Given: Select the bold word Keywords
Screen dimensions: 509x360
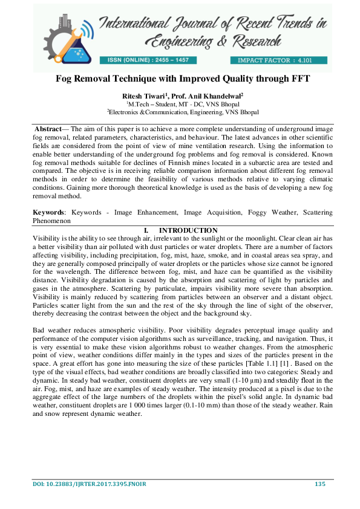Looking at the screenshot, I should pos(48,213).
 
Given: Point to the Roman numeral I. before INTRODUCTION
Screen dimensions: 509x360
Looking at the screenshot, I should pos(145,230).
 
